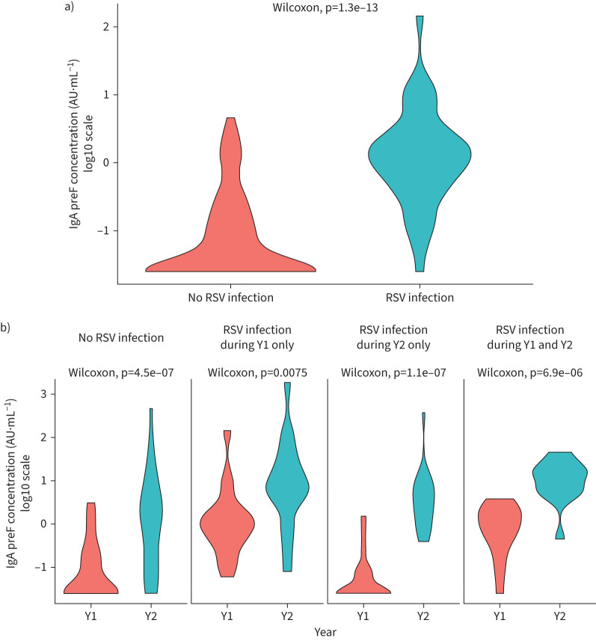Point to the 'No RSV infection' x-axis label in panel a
230,297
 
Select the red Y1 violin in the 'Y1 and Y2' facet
499,524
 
